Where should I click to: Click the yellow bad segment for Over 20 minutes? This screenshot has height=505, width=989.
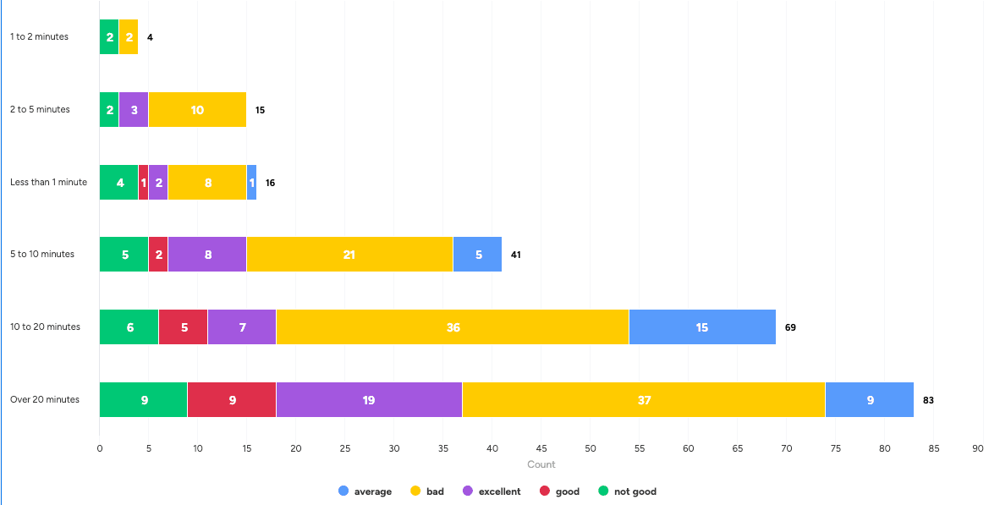click(x=644, y=399)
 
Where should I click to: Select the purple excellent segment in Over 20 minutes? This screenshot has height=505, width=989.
click(x=369, y=399)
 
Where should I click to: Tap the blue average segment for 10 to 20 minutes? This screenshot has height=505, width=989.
click(x=702, y=327)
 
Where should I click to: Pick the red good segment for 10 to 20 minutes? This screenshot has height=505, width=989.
click(x=183, y=327)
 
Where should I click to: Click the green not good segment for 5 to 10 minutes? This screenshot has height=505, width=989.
click(x=124, y=254)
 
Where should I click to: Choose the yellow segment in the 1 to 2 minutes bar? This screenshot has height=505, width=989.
click(x=129, y=37)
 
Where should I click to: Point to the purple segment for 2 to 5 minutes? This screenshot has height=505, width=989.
click(x=134, y=110)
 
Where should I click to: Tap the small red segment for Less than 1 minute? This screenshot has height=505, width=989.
click(x=143, y=182)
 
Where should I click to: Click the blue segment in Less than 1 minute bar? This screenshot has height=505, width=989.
click(x=251, y=182)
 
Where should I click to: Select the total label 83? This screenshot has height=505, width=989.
click(x=928, y=400)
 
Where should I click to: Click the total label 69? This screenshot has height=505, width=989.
click(x=790, y=327)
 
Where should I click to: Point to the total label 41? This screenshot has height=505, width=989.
click(x=515, y=255)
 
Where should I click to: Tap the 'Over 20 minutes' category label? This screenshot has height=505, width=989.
click(x=45, y=399)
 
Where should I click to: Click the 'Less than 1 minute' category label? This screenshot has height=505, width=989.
click(x=48, y=182)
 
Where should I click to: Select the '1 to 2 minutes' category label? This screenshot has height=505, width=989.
click(x=39, y=37)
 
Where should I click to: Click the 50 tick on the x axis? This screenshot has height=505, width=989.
click(x=591, y=448)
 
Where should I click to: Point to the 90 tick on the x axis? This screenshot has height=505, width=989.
click(x=978, y=448)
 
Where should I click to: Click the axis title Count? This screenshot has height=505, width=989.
click(x=541, y=464)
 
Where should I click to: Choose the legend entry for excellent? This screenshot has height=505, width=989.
click(x=492, y=491)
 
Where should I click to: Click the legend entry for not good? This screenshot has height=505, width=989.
click(x=627, y=491)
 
